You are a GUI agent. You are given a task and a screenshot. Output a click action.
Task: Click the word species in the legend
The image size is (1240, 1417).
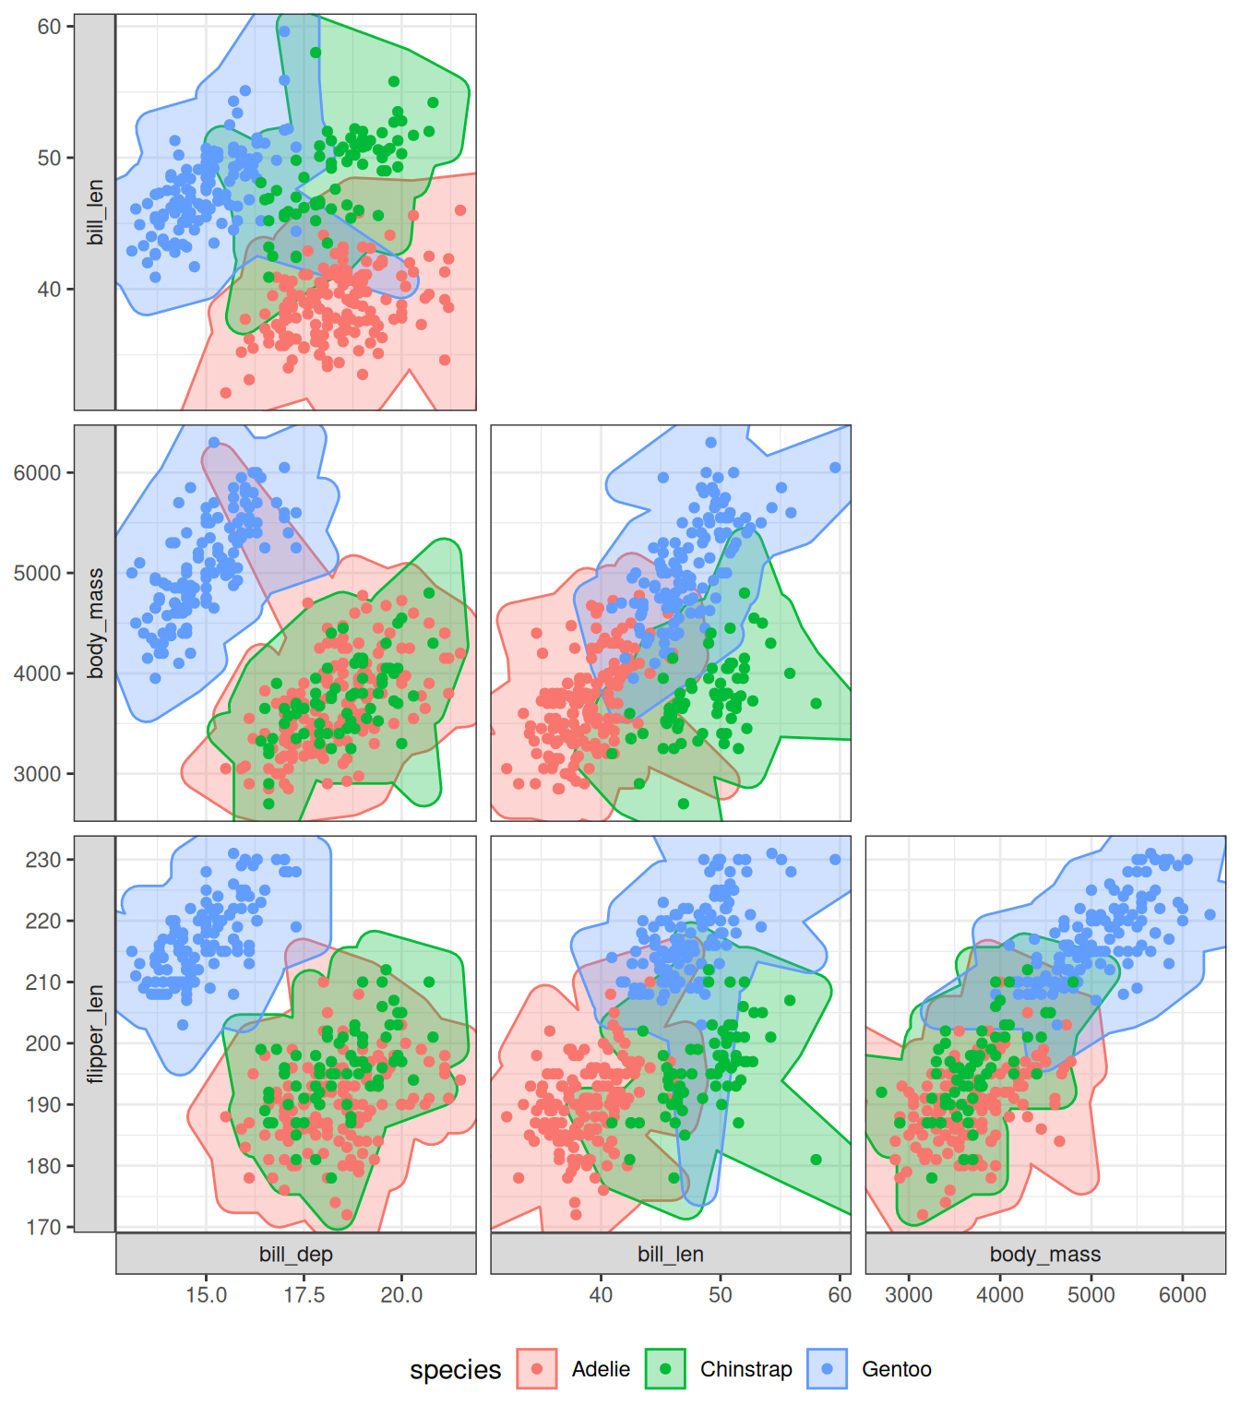[x=455, y=1370]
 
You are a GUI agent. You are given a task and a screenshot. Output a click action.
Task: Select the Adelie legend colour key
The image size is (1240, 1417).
[x=537, y=1369]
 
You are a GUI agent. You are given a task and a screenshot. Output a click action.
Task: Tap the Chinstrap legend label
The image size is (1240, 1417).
[x=745, y=1369]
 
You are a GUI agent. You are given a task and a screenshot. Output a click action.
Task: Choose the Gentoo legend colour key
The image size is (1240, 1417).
[x=828, y=1369]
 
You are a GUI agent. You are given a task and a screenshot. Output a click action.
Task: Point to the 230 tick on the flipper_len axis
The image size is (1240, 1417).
[x=43, y=860]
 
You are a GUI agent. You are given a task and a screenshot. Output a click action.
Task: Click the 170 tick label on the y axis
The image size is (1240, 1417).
[x=43, y=1227]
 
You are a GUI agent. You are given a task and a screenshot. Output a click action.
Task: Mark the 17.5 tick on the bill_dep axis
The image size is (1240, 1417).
[x=304, y=1294]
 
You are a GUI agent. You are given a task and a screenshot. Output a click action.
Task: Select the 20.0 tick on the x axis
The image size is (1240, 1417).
[x=401, y=1294]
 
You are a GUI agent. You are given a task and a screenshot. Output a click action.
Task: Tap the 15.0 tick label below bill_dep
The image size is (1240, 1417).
[x=206, y=1294]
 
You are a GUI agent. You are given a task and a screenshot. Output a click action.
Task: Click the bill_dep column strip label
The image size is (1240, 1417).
[x=296, y=1254]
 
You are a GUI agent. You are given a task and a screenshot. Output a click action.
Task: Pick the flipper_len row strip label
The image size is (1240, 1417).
[x=95, y=1034]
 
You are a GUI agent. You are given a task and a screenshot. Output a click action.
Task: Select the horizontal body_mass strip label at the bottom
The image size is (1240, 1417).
[x=1045, y=1254]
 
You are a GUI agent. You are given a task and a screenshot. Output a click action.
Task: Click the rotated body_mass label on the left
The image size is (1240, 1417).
[x=95, y=624]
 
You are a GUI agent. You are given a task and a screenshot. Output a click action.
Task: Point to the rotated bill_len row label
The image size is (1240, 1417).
[x=95, y=212]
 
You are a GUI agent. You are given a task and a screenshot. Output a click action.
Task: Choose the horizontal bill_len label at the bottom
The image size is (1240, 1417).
[x=671, y=1254]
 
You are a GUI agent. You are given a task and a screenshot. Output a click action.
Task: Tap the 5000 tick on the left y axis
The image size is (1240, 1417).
[x=37, y=573]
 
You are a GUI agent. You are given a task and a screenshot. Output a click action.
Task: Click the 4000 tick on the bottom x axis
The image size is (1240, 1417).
[x=1000, y=1294]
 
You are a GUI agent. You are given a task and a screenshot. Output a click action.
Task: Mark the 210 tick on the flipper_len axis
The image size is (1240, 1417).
[x=43, y=982]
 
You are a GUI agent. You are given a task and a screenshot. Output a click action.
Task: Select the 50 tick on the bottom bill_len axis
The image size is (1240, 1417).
[x=721, y=1294]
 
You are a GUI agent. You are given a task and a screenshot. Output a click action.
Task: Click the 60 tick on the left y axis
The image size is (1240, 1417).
[x=49, y=27]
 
